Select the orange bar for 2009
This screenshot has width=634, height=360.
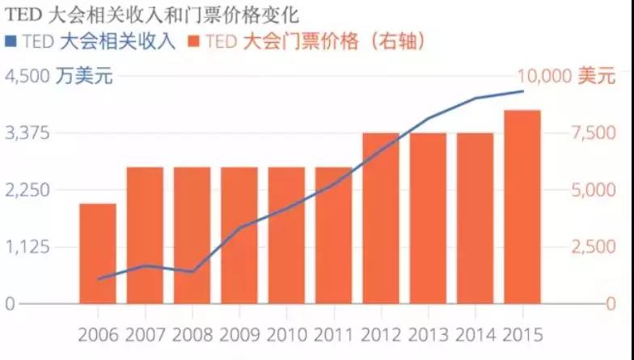[239, 235]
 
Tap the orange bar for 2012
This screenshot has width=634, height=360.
[381, 218]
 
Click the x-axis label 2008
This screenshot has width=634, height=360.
[192, 333]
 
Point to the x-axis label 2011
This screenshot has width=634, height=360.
[333, 333]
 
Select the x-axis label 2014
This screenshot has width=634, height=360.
[475, 333]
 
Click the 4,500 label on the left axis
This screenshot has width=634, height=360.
[29, 77]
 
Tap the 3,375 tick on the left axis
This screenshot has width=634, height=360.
[29, 133]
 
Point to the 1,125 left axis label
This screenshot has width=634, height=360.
[29, 247]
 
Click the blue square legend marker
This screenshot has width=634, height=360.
[10, 41]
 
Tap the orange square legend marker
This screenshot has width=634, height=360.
[192, 41]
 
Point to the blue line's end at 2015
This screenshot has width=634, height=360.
[522, 91]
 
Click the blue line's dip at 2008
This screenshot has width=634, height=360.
[192, 272]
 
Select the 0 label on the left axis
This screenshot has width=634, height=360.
[11, 304]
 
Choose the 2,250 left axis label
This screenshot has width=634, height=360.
[29, 190]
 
